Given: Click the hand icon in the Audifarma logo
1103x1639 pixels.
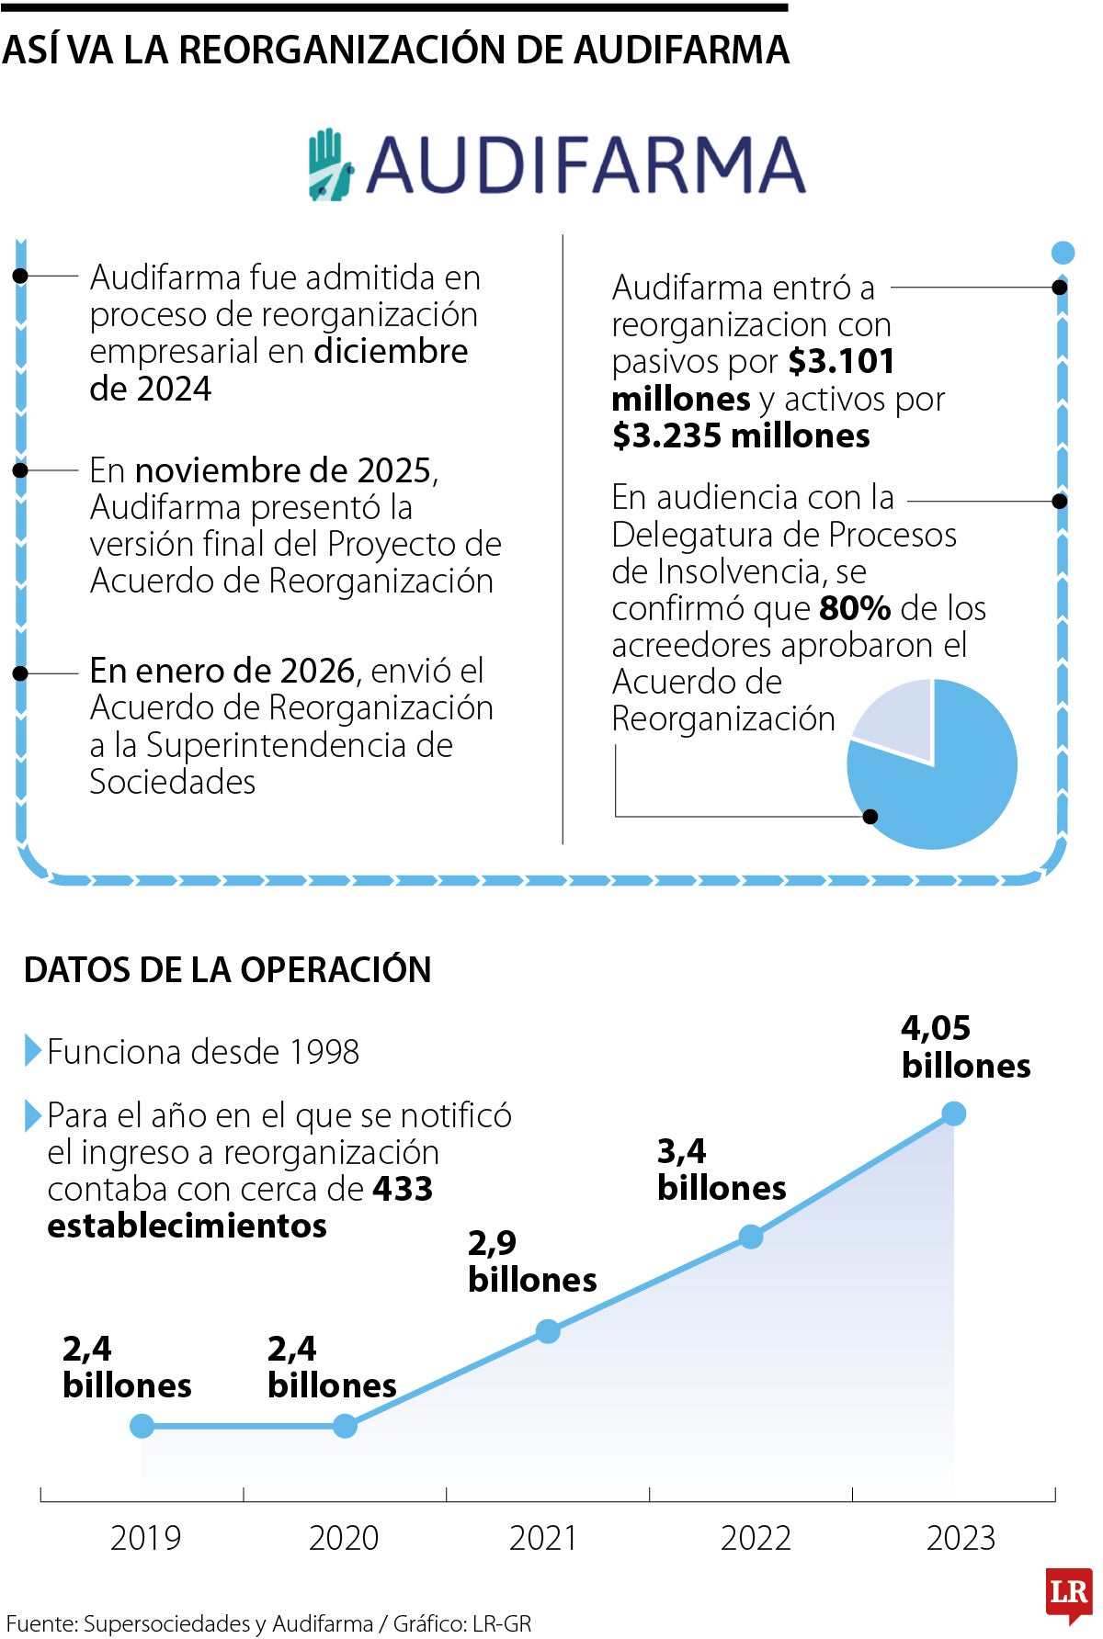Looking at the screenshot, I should tap(329, 165).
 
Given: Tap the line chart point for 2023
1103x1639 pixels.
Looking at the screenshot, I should tap(953, 1113).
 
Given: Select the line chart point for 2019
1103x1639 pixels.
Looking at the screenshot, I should tap(142, 1426).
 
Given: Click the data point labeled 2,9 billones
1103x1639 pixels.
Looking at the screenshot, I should tap(547, 1330).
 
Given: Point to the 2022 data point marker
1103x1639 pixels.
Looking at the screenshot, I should tap(751, 1237).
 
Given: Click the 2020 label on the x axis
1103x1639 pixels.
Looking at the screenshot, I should tap(344, 1538).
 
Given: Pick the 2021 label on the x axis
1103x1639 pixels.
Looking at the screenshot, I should tap(543, 1538).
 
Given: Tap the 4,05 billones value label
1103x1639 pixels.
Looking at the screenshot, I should tap(964, 1046).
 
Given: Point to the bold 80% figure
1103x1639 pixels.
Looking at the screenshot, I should tap(855, 608).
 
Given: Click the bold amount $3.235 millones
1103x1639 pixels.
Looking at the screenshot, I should tap(741, 435).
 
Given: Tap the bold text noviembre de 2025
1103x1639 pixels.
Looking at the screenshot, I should tap(283, 470).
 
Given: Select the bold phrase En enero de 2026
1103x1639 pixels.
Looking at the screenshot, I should tap(222, 671).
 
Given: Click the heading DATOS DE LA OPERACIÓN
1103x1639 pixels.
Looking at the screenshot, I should tap(227, 969).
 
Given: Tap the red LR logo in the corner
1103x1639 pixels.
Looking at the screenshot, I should tap(1068, 1593).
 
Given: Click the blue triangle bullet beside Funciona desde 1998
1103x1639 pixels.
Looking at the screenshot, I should tap(32, 1051).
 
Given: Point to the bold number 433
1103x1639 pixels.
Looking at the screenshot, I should tap(403, 1189).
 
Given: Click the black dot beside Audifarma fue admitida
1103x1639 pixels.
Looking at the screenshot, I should tap(20, 276).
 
